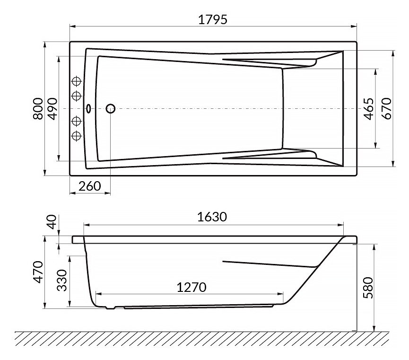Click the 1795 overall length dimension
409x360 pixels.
pos(213,19)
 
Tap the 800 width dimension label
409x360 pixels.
pos(38,109)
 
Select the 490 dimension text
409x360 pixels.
pos(52,109)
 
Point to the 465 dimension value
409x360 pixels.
pos(368,109)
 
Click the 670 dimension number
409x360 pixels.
pos(387,109)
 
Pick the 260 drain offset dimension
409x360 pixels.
pos(89,186)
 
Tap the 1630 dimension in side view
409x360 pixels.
pos(212,217)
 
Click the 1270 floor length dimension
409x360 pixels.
pos(191,288)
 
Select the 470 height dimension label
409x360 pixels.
pos(38,272)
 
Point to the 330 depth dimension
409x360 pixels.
pos(62,281)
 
